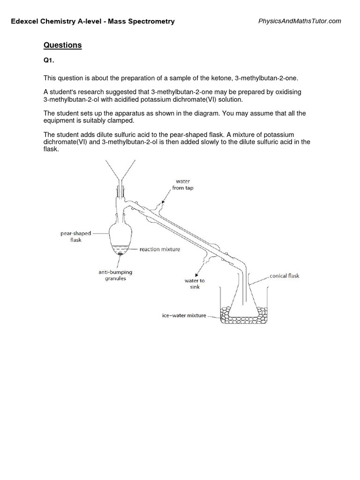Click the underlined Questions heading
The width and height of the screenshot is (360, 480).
62,45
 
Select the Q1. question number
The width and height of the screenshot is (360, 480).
49,62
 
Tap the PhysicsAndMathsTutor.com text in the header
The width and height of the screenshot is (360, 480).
300,21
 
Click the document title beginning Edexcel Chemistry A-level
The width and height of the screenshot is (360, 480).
93,21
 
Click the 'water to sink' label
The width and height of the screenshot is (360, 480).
195,284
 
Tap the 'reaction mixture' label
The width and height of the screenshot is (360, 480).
160,250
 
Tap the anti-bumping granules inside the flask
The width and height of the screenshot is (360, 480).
121,254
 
